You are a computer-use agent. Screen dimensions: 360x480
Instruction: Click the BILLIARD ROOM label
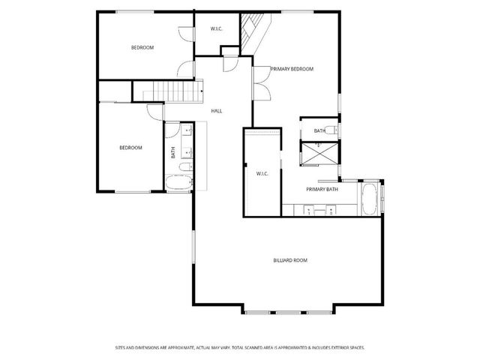(x=289, y=260)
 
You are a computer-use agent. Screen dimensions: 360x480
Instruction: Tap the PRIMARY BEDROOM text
(x=292, y=69)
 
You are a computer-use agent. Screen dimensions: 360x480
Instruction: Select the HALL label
(x=216, y=111)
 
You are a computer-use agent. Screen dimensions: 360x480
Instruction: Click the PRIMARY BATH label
(x=322, y=190)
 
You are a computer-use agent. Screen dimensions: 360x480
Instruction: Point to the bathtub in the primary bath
(x=369, y=199)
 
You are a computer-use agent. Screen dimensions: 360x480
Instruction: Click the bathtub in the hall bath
(x=178, y=182)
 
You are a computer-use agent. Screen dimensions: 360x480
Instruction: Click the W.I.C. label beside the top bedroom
(x=216, y=28)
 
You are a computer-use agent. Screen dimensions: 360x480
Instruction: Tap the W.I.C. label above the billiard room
(x=262, y=173)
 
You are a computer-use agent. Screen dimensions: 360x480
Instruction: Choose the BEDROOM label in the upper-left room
(x=142, y=48)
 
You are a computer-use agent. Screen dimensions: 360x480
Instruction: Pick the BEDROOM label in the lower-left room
(x=130, y=148)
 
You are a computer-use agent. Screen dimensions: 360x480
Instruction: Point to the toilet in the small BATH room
(x=333, y=131)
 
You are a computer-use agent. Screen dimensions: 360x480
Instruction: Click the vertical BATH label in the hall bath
(x=173, y=152)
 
